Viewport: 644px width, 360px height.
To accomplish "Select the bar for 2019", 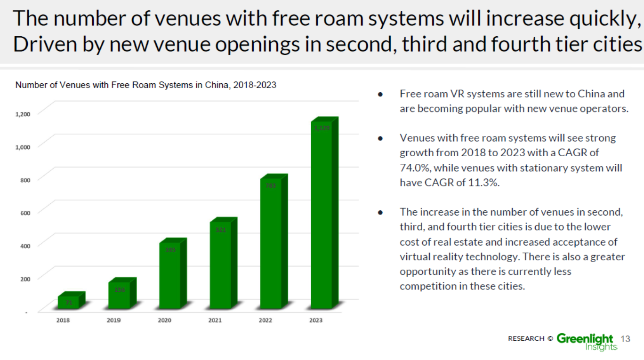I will [120, 295].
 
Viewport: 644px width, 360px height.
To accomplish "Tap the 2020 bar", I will [170, 275].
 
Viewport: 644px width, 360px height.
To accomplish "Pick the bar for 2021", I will [221, 266].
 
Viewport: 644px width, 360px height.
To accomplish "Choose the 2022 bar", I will [271, 245].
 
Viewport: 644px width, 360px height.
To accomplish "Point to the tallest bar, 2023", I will [322, 216].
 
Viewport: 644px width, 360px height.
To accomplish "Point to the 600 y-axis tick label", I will [25, 213].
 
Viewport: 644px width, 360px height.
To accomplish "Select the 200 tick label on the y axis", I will [25, 279].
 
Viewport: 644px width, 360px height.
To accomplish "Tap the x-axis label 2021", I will [215, 320].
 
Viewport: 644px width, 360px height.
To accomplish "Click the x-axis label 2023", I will [316, 320].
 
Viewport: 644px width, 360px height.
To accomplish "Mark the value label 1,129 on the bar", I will [322, 128].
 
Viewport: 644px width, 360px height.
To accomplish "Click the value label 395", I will [170, 250].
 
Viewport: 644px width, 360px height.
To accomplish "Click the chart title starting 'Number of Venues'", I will [145, 85].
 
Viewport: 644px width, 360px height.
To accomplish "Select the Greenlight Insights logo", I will [587, 341].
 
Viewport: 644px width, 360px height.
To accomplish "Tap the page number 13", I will [625, 339].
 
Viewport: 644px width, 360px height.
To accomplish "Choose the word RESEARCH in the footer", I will [526, 339].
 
